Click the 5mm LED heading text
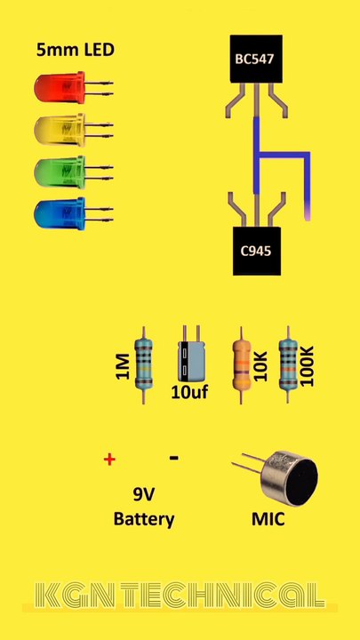76,50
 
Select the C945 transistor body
256,250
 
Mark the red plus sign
110,460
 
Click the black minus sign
173,458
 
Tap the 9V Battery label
144,507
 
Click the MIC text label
268,518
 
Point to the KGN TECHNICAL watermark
180,595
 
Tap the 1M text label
123,365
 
